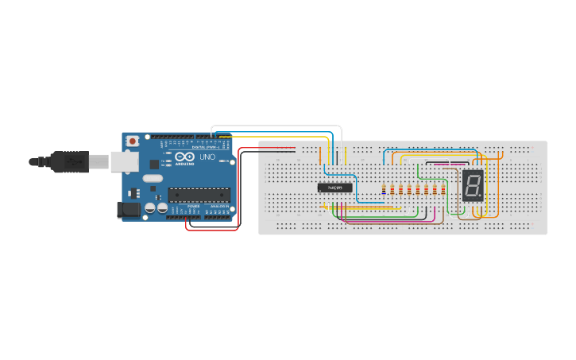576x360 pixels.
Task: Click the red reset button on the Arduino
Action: pyautogui.click(x=131, y=141)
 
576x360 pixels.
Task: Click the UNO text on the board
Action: pyautogui.click(x=206, y=157)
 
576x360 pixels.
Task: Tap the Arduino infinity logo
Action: pyautogui.click(x=185, y=157)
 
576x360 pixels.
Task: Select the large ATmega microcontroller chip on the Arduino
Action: pyautogui.click(x=198, y=192)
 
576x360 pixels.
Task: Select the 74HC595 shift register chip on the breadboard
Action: pyautogui.click(x=334, y=188)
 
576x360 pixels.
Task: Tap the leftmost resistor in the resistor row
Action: pyautogui.click(x=385, y=189)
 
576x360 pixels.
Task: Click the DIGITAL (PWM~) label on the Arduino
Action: pyautogui.click(x=206, y=147)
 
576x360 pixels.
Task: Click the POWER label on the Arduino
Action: pyautogui.click(x=193, y=206)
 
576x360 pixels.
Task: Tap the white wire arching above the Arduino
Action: pyautogui.click(x=278, y=126)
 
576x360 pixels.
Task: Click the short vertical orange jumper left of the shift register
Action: pyautogui.click(x=321, y=156)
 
